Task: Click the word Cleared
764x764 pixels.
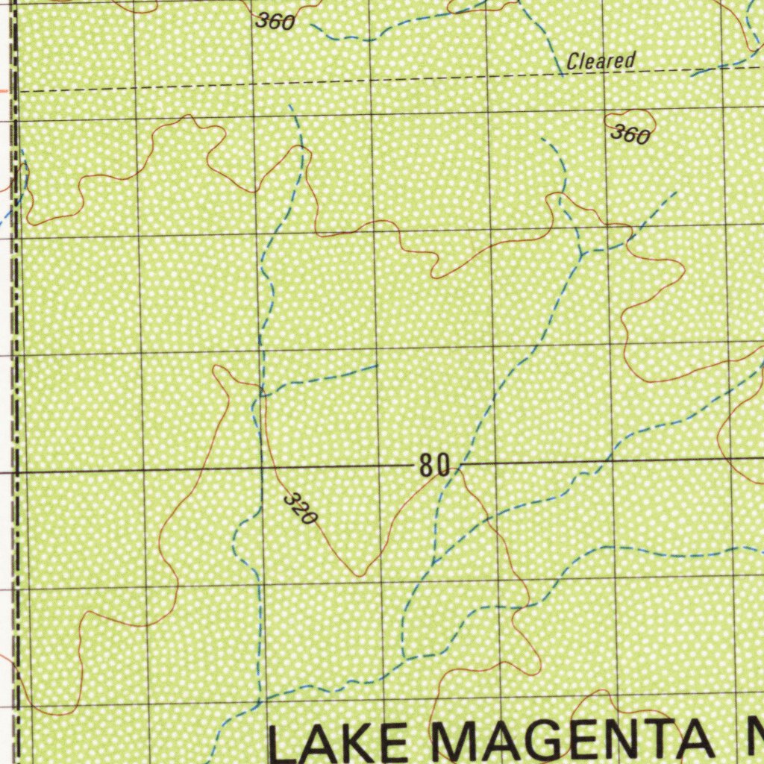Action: [601, 60]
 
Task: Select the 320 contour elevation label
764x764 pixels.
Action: [301, 509]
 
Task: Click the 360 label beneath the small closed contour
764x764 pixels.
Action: [630, 135]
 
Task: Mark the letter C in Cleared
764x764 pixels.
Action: [572, 62]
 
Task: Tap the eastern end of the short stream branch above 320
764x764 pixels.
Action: [377, 366]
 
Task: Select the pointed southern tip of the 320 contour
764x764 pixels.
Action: [360, 575]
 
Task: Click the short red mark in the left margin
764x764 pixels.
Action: [4, 90]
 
